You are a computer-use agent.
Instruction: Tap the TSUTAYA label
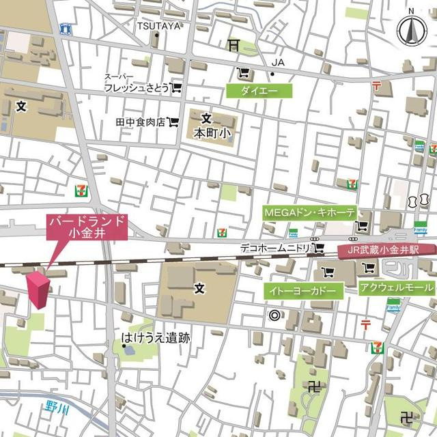coord(158,26)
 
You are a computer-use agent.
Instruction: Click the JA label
coord(277,63)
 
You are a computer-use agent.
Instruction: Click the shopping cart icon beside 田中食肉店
coord(173,122)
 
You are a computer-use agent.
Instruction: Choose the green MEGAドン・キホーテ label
coord(309,212)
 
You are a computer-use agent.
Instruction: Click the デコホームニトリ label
coord(275,247)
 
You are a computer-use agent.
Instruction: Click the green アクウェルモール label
coord(396,287)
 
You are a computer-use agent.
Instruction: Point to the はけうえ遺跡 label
coord(156,337)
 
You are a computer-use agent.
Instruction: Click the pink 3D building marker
coord(38,291)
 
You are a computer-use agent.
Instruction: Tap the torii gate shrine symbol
coord(234,45)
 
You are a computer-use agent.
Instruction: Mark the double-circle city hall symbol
coord(275,315)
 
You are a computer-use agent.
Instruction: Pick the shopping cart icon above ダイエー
coord(242,73)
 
